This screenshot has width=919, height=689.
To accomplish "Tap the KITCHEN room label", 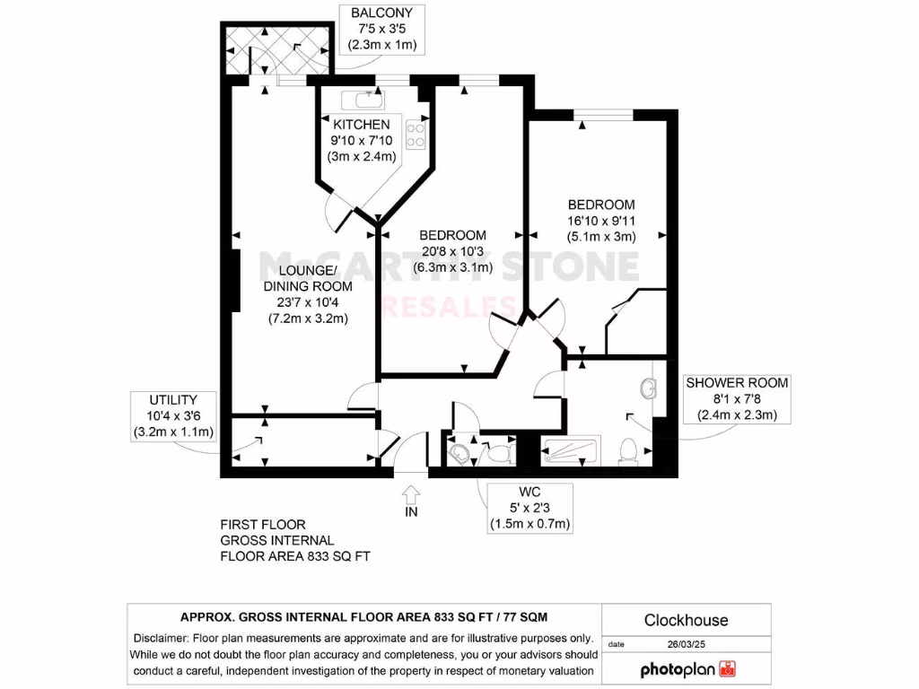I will point(361,125).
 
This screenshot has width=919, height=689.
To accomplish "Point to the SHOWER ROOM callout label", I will point(737,397).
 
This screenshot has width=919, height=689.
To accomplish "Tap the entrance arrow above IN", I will point(412,493).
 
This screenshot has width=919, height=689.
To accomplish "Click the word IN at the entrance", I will point(412,512).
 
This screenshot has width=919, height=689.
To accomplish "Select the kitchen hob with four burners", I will point(416,135).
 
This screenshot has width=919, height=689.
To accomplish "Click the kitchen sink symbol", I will point(367,100).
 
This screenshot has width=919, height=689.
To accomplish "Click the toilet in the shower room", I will point(631,449).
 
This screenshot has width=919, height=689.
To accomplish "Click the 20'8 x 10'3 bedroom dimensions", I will point(453,251).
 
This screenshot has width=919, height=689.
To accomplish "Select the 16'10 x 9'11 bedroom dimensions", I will point(600,221).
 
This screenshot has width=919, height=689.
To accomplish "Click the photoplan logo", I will point(687,669).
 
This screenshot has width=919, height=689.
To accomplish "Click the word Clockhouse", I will point(686,620).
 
